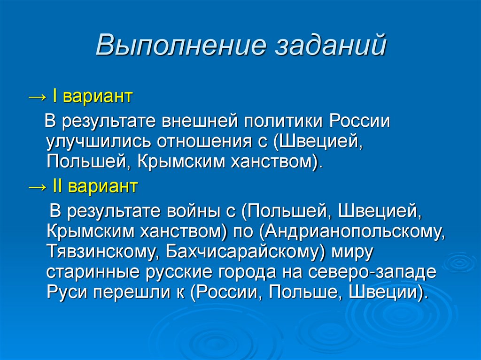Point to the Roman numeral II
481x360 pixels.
coord(58,186)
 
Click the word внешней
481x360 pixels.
coord(201,121)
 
